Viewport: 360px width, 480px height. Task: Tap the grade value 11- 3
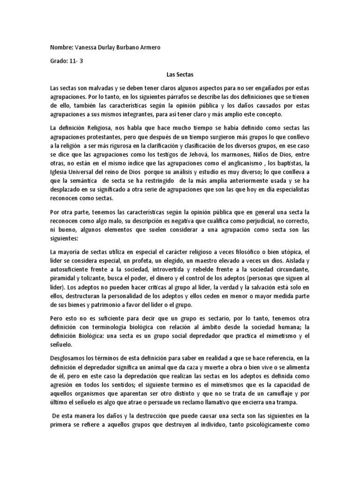76,61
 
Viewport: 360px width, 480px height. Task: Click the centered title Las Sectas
180,75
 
